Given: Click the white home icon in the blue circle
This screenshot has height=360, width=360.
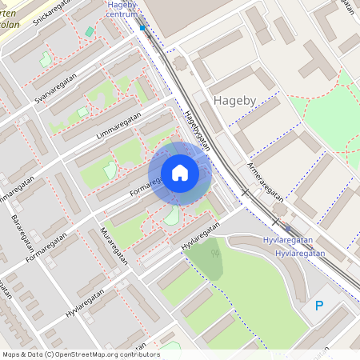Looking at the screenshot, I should click(x=180, y=173).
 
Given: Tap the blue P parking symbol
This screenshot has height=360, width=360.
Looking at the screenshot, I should click(x=319, y=305).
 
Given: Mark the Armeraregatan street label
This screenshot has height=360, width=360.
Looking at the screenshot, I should click(x=266, y=183).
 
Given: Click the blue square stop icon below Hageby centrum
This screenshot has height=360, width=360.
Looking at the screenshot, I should click(x=142, y=28).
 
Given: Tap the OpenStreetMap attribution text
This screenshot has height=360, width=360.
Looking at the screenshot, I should click(x=81, y=354).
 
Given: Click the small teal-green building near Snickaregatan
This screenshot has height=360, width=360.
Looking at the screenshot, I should click(x=90, y=32).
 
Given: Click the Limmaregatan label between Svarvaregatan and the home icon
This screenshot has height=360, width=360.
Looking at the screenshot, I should click(x=118, y=126).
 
